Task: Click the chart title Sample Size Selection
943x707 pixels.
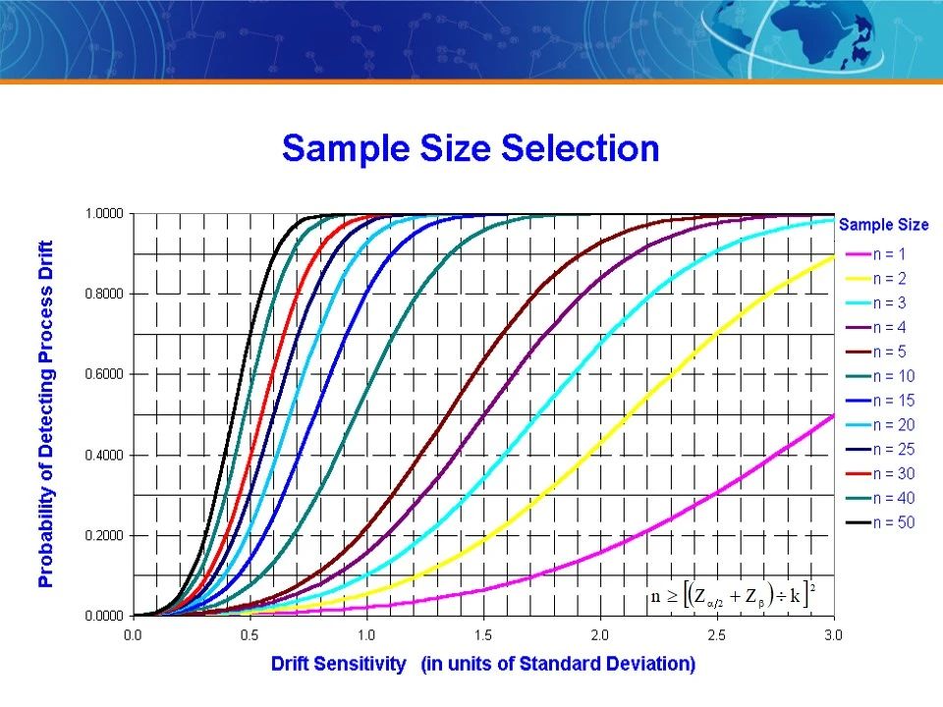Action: point(471,148)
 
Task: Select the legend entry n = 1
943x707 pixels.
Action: point(875,254)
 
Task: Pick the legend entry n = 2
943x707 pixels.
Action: point(875,278)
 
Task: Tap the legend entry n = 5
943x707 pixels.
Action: point(875,352)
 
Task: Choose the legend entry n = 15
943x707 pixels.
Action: point(880,401)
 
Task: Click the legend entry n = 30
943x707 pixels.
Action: point(880,473)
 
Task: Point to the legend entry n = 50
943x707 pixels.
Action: point(880,522)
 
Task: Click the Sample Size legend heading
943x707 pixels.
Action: point(883,225)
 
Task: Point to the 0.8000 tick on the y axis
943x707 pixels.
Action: point(104,294)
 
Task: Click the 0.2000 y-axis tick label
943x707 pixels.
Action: point(104,536)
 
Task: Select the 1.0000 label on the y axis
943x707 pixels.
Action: point(104,214)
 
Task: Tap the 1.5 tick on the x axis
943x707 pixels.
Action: point(483,635)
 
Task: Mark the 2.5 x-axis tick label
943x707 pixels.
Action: point(717,635)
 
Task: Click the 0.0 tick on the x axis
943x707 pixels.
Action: point(133,635)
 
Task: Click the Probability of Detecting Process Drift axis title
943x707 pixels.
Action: point(46,414)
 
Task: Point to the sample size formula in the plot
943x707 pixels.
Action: point(733,595)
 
